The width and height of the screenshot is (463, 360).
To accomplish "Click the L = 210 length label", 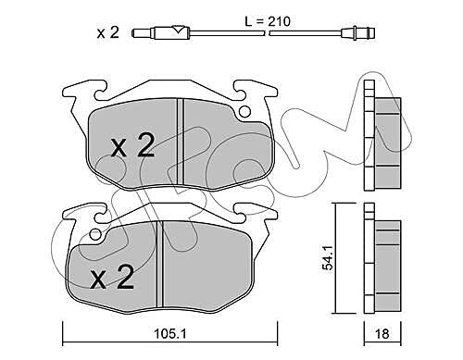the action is (x=268, y=21).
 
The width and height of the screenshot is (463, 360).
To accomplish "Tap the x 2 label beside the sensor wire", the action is (x=107, y=32).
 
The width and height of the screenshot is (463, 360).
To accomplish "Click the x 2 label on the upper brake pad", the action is (x=133, y=146).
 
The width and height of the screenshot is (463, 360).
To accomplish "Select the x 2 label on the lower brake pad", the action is (x=112, y=277).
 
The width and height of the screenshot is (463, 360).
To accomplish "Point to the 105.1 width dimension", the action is (x=170, y=333).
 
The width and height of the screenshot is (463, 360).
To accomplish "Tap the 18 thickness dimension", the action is (x=382, y=333).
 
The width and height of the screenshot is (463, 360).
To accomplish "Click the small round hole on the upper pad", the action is (x=244, y=111).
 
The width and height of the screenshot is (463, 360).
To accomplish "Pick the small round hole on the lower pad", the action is (x=96, y=234).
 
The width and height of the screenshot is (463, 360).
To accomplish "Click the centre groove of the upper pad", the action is (x=181, y=142).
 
